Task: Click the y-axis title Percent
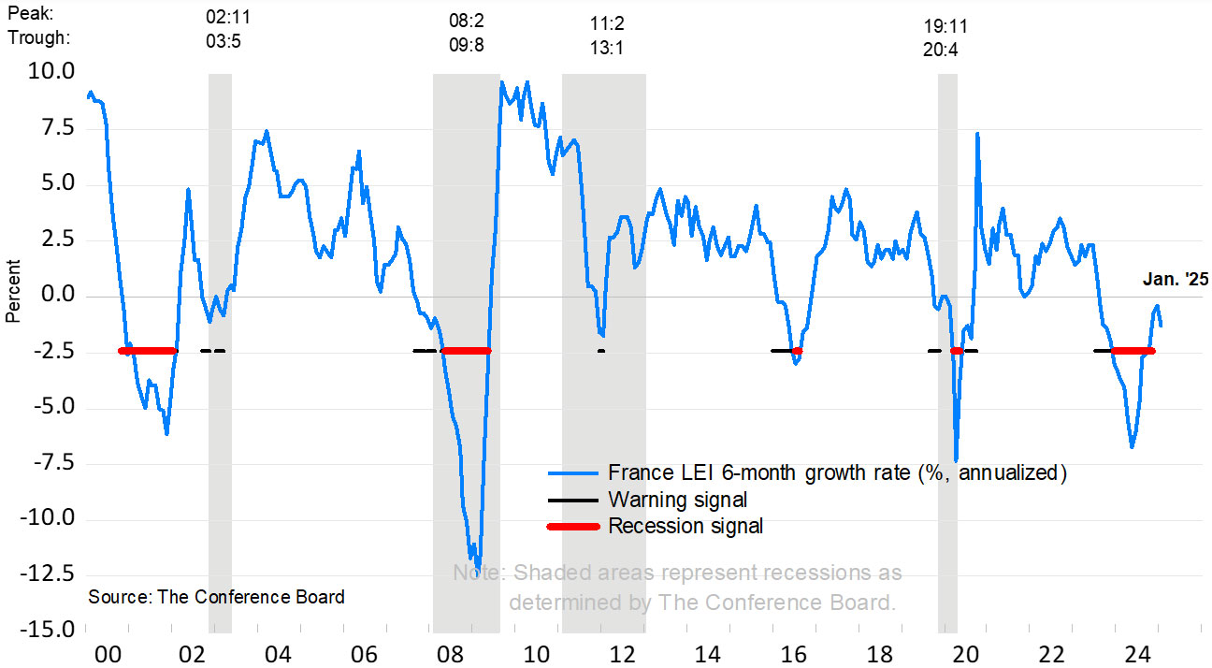click(x=13, y=297)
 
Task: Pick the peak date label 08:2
click(x=465, y=20)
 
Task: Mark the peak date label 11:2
click(x=607, y=22)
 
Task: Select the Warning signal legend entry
click(x=677, y=500)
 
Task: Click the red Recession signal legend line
click(x=572, y=527)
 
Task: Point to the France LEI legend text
click(x=837, y=472)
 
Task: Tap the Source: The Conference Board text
click(x=216, y=597)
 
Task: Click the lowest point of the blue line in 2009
click(x=478, y=566)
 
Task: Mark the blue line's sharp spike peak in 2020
click(x=977, y=134)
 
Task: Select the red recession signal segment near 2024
click(x=1132, y=351)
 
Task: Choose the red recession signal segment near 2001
click(x=148, y=351)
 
